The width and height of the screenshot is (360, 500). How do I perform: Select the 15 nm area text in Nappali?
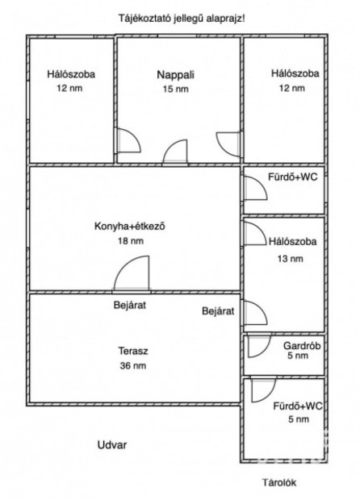[x=177, y=90]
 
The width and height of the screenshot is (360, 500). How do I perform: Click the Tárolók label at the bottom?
[x=279, y=483]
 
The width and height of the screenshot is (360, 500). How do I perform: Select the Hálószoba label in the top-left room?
[x=71, y=75]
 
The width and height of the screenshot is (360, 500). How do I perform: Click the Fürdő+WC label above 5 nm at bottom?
[x=297, y=406]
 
